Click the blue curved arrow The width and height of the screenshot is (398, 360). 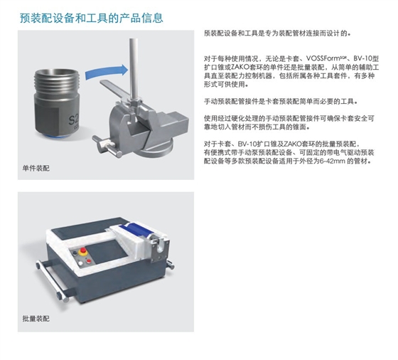107,72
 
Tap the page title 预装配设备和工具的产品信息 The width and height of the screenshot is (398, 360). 92,18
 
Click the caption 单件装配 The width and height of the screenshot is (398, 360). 36,168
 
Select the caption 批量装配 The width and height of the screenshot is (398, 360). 36,318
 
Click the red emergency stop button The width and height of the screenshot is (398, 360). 82,252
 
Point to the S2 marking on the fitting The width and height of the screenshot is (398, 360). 74,120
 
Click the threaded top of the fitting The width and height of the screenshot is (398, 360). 57,81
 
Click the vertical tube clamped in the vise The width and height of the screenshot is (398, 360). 134,68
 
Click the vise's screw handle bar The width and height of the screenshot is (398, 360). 107,146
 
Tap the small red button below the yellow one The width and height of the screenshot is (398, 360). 88,261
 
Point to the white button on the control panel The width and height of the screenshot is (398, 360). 80,263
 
